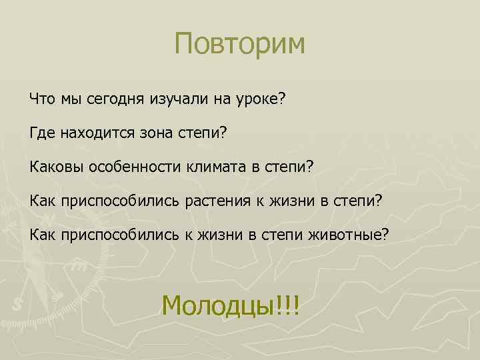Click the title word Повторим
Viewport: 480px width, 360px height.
click(239, 44)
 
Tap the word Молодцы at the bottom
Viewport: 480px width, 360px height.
click(215, 306)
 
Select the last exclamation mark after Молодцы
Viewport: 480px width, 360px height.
click(296, 306)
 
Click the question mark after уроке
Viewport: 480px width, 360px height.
click(282, 99)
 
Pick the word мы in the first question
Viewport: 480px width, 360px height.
click(70, 99)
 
